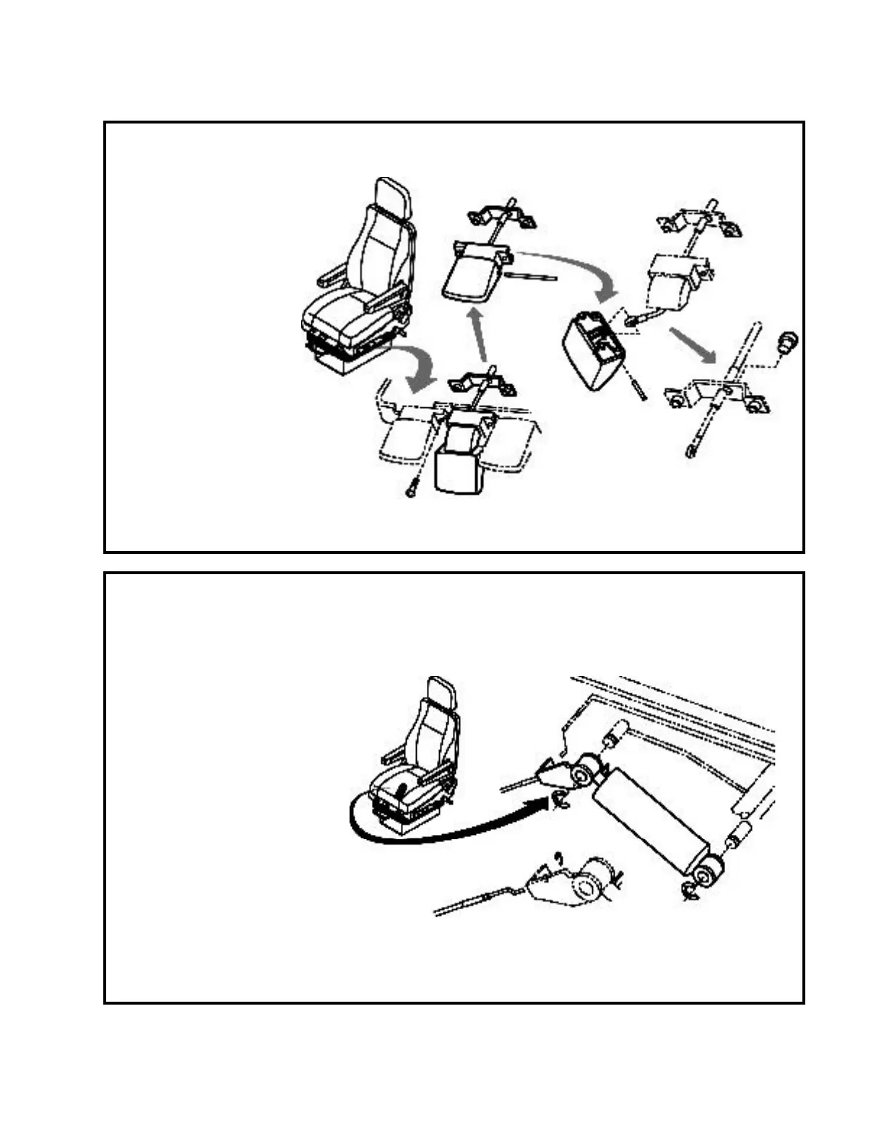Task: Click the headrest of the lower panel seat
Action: [441, 691]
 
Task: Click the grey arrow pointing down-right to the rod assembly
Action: [692, 345]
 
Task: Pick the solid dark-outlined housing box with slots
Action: [594, 350]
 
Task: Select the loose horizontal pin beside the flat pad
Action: [531, 275]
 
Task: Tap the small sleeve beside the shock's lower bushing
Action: [738, 836]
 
